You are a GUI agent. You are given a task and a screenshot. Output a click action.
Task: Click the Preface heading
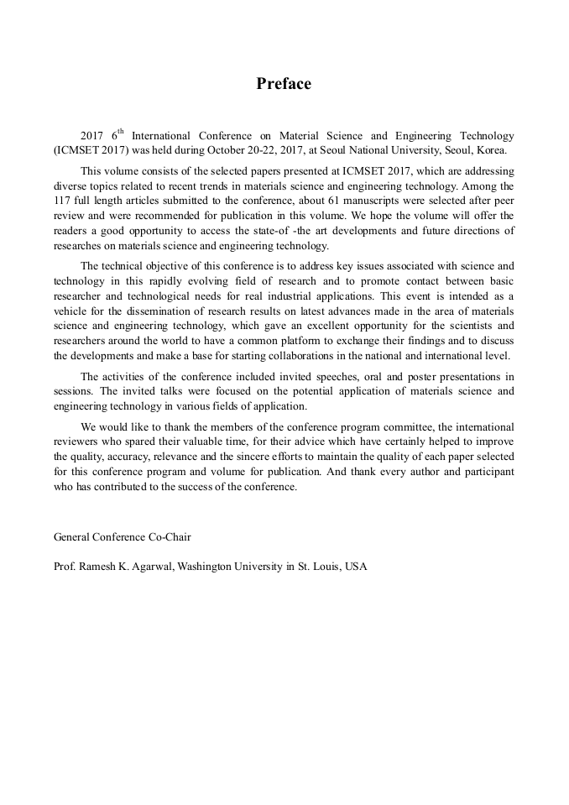coord(284,84)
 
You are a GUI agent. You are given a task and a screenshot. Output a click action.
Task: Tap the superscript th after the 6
coord(120,132)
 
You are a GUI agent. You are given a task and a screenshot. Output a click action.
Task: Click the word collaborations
coord(322,356)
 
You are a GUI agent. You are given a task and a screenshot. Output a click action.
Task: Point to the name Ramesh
coord(100,567)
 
